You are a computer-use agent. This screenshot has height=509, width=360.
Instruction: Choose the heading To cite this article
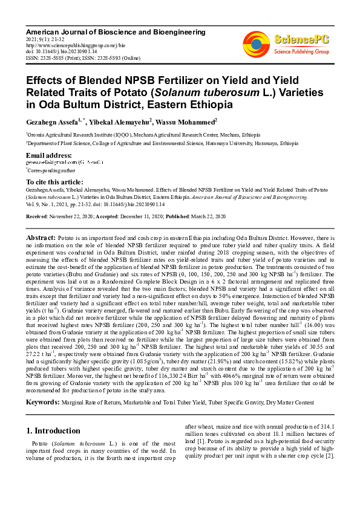tap(54, 182)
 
